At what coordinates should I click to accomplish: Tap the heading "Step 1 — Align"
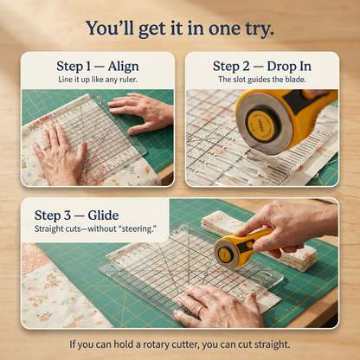tap(97, 66)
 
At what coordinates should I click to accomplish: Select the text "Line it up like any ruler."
tap(97, 80)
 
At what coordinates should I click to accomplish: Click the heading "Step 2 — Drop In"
tap(261, 66)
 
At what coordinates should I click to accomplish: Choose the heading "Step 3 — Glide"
tap(76, 215)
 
